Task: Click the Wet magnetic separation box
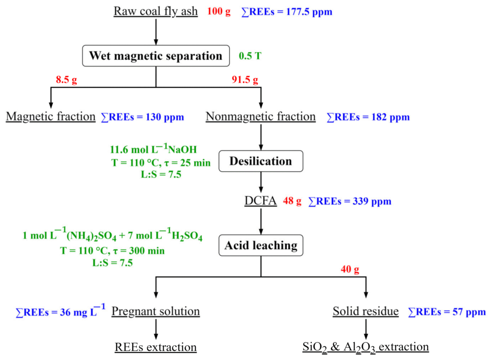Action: pos(156,56)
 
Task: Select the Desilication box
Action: pos(261,161)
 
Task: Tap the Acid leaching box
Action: pos(261,245)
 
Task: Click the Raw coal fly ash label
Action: pos(156,11)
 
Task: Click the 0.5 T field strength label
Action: pos(250,56)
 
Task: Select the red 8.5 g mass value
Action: pos(67,80)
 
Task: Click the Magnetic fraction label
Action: pos(51,116)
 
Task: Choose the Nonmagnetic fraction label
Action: pos(260,116)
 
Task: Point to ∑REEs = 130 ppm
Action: pos(143,117)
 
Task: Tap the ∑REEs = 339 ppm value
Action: pos(350,201)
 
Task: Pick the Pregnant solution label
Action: pos(156,312)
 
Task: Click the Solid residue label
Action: pos(366,312)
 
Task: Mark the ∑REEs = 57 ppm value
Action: pos(446,312)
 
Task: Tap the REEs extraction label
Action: pos(156,347)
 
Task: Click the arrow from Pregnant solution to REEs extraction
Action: pos(156,329)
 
